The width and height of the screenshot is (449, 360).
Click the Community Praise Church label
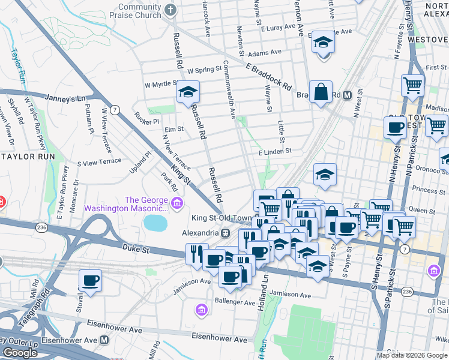139,10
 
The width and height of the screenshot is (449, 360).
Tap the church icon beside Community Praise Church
170,10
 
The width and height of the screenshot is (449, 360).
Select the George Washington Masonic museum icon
176,204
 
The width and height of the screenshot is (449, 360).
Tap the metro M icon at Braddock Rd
346,95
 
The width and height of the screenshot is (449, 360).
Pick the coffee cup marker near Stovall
90,280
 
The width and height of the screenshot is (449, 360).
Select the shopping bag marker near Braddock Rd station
321,92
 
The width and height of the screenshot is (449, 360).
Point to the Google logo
20,352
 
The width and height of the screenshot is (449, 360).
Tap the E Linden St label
274,152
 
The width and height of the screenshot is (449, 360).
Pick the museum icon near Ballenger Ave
201,310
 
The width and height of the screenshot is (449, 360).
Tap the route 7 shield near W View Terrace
115,110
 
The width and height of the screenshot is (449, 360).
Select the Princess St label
424,190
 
